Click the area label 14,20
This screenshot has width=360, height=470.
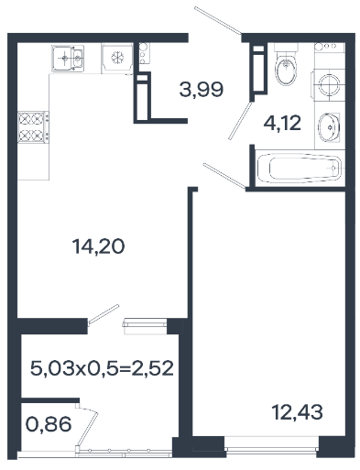click(98, 246)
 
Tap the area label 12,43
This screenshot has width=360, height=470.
click(297, 412)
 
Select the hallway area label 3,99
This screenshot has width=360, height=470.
click(202, 90)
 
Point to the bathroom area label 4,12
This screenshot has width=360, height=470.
click(282, 124)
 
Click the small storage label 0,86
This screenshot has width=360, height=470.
click(49, 424)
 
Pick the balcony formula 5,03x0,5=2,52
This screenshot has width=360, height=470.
click(102, 368)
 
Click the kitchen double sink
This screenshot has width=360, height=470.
click(68, 59)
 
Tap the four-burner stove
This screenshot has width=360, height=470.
click(33, 127)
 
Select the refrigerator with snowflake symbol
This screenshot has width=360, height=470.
click(117, 58)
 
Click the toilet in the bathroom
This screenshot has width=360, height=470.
click(286, 64)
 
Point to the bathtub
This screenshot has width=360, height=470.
click(300, 168)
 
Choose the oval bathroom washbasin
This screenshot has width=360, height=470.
click(329, 127)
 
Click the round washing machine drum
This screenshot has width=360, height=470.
click(329, 84)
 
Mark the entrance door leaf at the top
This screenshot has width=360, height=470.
click(218, 19)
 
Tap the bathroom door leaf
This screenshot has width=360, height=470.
click(241, 121)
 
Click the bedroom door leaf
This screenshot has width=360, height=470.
click(224, 176)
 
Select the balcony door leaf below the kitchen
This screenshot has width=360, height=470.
click(104, 314)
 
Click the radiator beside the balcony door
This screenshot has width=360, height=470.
click(145, 326)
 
